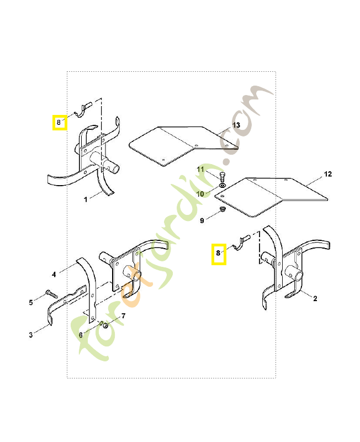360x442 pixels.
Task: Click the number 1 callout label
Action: coord(86,199)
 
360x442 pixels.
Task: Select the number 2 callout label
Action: coord(315,299)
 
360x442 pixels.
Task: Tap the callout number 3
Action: coord(31,335)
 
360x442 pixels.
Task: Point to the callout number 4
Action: coord(54,274)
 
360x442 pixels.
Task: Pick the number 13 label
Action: coord(236,125)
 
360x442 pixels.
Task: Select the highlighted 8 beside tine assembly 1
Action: coord(59,122)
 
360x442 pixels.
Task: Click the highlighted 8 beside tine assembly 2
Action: coord(219,255)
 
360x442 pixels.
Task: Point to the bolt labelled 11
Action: coord(222,178)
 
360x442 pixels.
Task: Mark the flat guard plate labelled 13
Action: coord(171,144)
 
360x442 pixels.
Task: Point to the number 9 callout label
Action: coord(202,220)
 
